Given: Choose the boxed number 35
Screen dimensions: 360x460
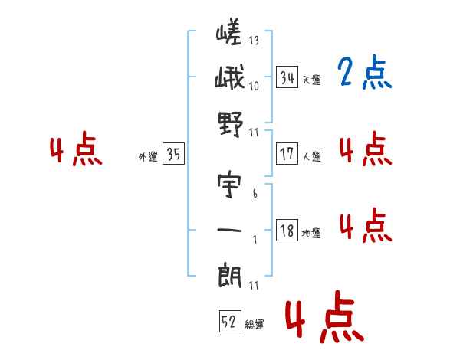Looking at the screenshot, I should tap(174, 155).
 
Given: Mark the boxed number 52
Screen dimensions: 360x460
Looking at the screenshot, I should tap(228, 322).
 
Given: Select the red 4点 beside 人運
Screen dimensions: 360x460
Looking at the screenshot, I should tap(364, 149).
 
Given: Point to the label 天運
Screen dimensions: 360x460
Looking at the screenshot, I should tap(312, 80).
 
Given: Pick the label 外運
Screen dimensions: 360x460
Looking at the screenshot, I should tap(148, 157).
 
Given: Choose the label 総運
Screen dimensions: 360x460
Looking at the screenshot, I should tap(255, 325).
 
